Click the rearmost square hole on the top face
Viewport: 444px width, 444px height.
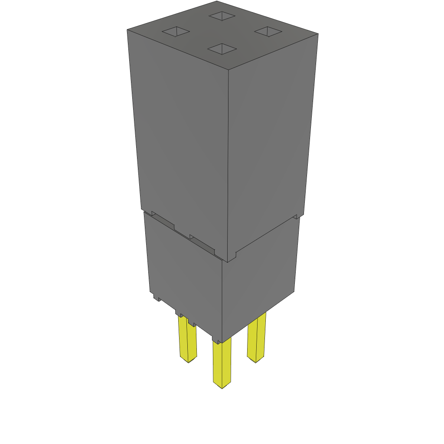[x=222, y=16]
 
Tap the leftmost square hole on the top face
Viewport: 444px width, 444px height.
[x=176, y=32]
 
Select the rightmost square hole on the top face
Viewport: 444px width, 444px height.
[x=268, y=31]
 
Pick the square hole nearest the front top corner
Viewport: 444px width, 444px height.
[x=222, y=49]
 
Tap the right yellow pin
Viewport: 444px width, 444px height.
[x=256, y=338]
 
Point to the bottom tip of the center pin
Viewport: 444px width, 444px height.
[x=222, y=387]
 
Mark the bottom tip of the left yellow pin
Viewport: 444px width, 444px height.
[x=188, y=361]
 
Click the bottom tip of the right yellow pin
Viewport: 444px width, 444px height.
[x=255, y=361]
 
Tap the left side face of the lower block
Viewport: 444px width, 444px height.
[x=184, y=269]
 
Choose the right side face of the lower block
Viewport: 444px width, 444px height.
[x=260, y=277]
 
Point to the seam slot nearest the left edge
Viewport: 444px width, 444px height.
[x=163, y=221]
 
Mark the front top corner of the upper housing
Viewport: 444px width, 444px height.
[x=229, y=69]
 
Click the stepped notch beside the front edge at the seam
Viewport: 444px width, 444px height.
[x=232, y=257]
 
